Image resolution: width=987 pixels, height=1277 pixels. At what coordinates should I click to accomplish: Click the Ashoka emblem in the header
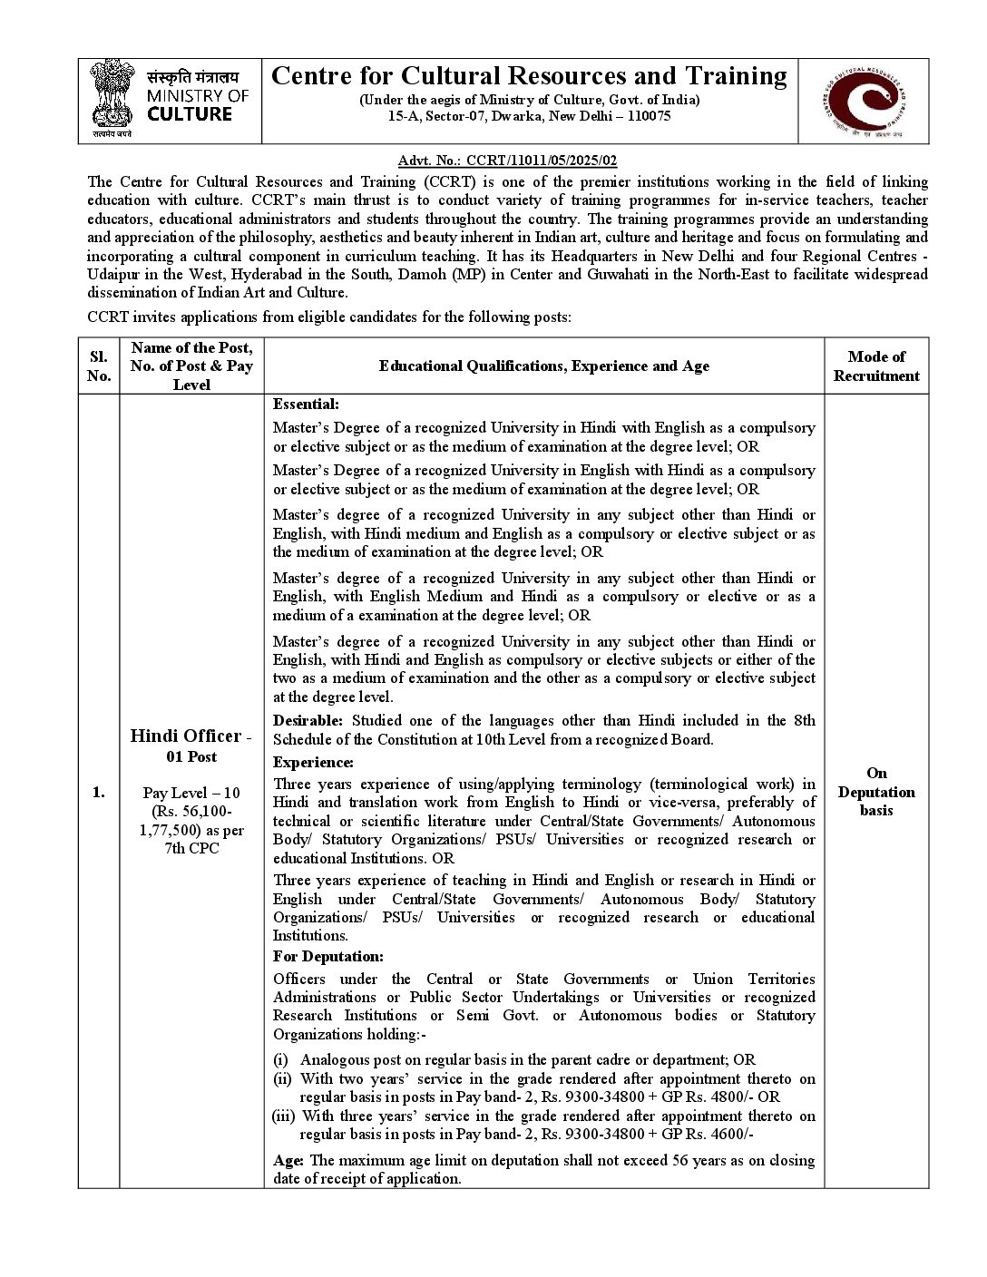click(112, 98)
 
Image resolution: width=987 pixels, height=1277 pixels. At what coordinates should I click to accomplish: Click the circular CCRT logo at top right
click(863, 101)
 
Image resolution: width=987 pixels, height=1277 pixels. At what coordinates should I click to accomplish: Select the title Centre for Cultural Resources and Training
click(529, 75)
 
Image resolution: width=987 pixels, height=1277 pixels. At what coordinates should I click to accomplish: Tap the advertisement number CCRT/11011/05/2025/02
click(542, 161)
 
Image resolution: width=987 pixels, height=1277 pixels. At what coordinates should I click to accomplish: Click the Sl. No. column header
click(98, 366)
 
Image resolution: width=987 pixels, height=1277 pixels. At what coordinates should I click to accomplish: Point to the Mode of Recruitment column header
click(875, 366)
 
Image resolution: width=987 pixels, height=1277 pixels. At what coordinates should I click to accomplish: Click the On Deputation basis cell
click(875, 792)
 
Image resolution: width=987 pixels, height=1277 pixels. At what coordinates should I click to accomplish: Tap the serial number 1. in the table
click(98, 792)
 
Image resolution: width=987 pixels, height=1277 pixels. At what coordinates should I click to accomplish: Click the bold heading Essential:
click(306, 405)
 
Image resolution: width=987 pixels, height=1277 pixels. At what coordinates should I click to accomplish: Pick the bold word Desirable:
click(308, 721)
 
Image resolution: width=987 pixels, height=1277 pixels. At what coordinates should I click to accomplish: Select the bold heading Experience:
click(313, 763)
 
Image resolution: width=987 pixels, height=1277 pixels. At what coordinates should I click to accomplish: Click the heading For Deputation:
click(327, 956)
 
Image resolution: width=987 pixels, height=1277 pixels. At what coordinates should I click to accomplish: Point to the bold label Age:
click(288, 1160)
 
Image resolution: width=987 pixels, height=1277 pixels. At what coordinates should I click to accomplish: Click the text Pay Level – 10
click(191, 793)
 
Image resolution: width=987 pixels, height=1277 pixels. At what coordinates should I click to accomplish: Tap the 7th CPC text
click(191, 848)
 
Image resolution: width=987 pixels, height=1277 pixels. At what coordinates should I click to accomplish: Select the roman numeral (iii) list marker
click(283, 1116)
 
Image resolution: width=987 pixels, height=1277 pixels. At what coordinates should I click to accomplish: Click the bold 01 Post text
click(191, 756)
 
